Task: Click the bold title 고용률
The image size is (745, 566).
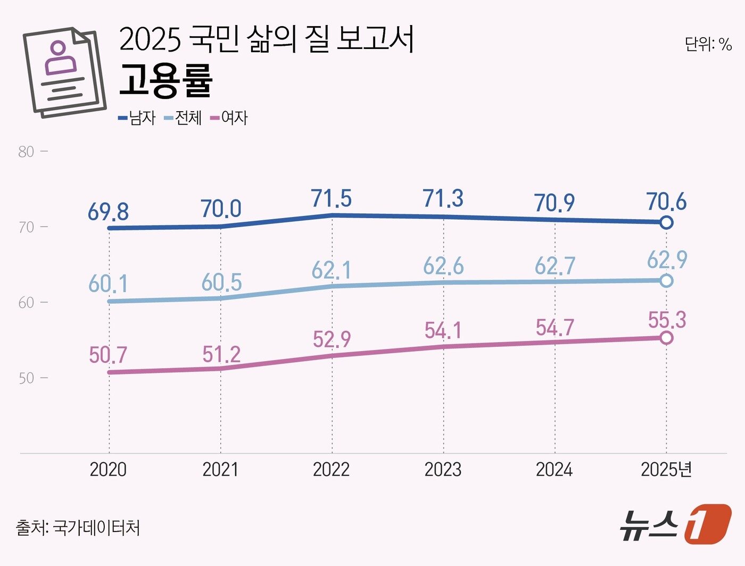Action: (x=165, y=81)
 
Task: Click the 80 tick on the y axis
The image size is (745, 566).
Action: (x=26, y=152)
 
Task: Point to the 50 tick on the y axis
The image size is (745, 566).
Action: (x=26, y=378)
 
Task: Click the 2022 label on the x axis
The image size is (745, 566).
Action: (x=331, y=470)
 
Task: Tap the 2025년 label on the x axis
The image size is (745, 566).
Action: (x=666, y=470)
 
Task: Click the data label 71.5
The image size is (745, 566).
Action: (x=331, y=198)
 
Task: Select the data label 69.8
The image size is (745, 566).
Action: (x=108, y=212)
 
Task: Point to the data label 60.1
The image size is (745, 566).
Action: (x=108, y=284)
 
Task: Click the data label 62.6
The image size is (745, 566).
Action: (x=443, y=265)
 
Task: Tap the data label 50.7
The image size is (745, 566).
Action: (x=108, y=355)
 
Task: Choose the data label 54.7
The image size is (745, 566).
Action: (x=555, y=327)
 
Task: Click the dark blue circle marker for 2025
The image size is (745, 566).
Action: (x=666, y=222)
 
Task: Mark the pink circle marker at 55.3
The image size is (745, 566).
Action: (x=666, y=338)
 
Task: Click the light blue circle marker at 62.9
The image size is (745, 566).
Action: (x=666, y=281)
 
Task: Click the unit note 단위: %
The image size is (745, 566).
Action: (x=708, y=44)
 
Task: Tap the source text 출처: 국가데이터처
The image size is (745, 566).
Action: (x=78, y=528)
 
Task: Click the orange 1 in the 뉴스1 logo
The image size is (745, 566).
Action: (x=707, y=524)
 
